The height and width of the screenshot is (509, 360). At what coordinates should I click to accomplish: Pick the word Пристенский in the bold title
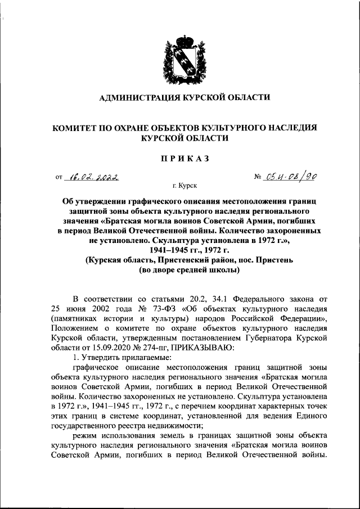(x=185, y=261)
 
